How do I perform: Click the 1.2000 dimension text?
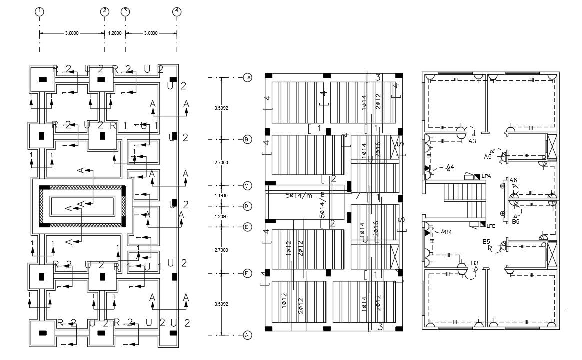click(114, 33)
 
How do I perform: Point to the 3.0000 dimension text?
click(150, 33)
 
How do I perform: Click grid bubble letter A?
click(247, 77)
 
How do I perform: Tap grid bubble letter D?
click(247, 206)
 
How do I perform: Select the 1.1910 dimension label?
click(221, 195)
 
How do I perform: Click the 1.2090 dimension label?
click(221, 216)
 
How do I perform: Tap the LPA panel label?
click(486, 176)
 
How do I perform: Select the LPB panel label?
click(491, 226)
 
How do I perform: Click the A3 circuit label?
click(472, 142)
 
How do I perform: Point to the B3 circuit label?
click(475, 263)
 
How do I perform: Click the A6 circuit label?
click(513, 180)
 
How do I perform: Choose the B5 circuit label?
click(486, 242)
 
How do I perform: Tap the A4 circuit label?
click(450, 167)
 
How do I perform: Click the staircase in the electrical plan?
click(465, 200)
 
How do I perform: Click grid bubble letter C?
click(247, 185)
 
